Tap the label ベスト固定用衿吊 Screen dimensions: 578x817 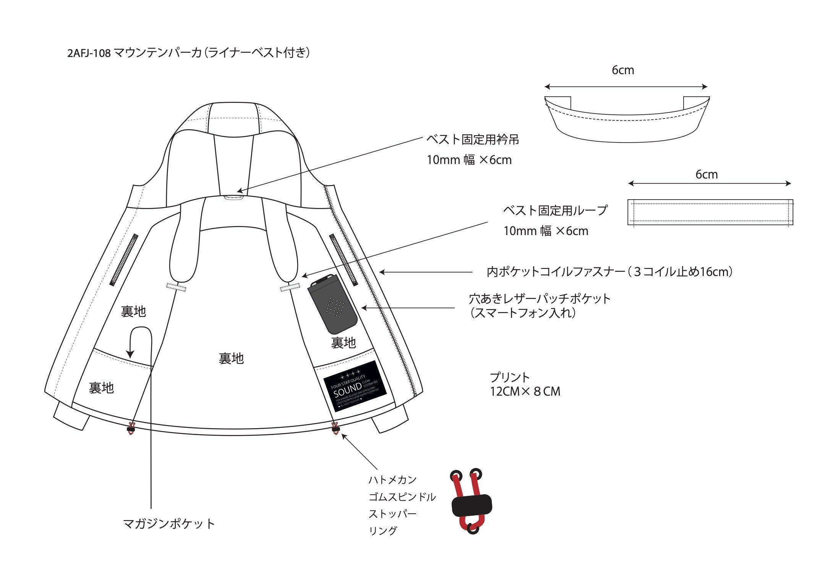coord(473,140)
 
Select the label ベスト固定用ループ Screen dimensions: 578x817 coord(555,210)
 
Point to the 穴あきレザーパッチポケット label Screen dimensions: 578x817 coord(540,299)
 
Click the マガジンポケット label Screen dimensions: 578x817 coord(169,523)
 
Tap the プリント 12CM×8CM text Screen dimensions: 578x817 coord(525,385)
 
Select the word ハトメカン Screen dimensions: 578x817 coord(392,479)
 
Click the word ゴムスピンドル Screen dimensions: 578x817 coord(402,497)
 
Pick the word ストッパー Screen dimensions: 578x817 coord(392,514)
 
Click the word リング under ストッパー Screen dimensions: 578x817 coord(383,531)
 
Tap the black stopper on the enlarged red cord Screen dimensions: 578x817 coord(472,505)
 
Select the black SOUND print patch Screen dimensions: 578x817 coord(356,386)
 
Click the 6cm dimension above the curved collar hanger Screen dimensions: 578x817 coord(623,70)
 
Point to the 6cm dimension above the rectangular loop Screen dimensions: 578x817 coord(707,175)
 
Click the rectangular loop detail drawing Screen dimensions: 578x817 coord(710,212)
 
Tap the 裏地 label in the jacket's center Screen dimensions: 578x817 coord(231,359)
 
